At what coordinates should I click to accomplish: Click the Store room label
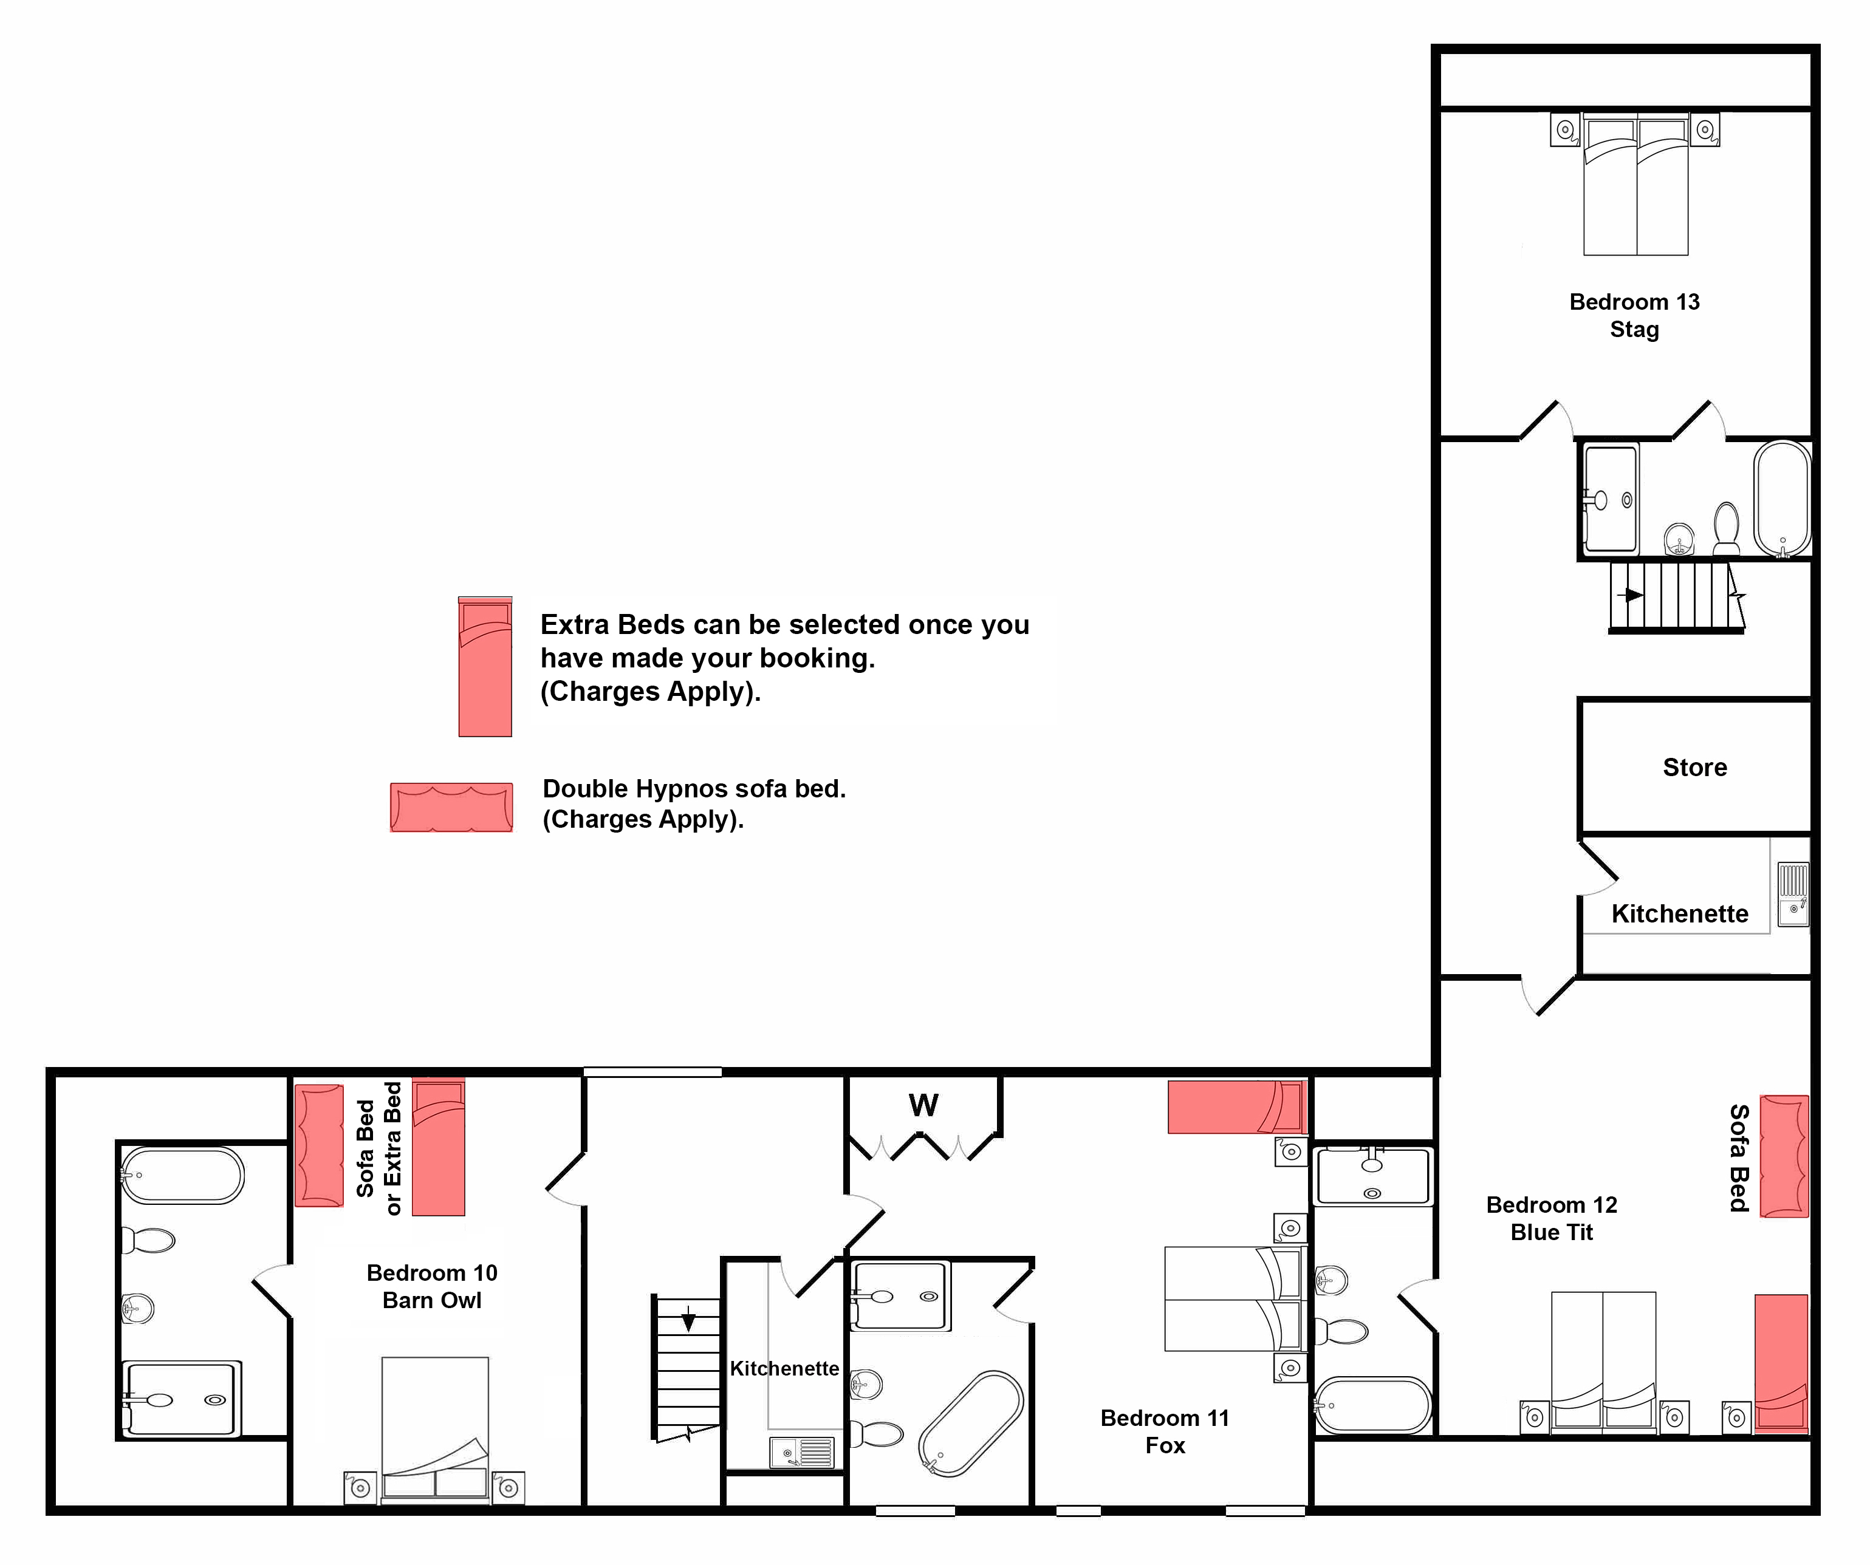tap(1694, 768)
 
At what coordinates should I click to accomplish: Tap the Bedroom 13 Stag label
tap(1634, 315)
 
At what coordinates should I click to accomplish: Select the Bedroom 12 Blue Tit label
tap(1551, 1218)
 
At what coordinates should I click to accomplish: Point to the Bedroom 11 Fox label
tap(1165, 1431)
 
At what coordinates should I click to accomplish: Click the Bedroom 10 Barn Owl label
tap(432, 1286)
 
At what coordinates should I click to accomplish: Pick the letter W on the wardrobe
tap(923, 1105)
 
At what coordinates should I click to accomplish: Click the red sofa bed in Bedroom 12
tap(1784, 1156)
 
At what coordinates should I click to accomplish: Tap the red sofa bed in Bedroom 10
tap(319, 1146)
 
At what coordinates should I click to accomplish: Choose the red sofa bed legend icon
tap(451, 808)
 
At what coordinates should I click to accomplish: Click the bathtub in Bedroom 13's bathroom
tap(1783, 499)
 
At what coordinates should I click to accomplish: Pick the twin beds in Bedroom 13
tap(1636, 184)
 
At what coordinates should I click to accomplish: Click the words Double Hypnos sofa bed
tap(694, 789)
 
